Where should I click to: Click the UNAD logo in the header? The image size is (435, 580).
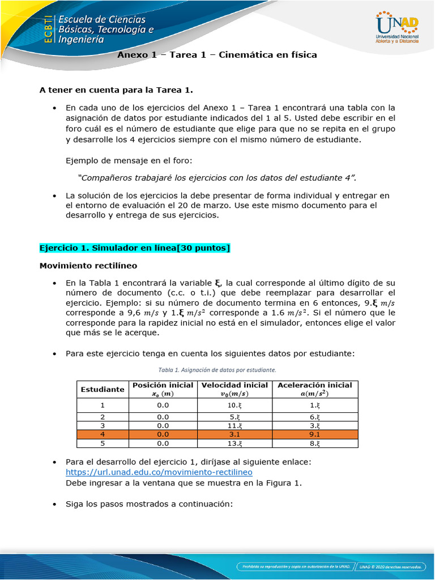click(x=396, y=27)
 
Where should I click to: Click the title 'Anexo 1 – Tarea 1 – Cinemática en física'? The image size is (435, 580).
click(x=217, y=55)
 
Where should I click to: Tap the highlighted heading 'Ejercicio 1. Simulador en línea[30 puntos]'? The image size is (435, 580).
click(x=135, y=248)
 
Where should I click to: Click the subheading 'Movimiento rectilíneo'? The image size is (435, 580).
click(x=88, y=265)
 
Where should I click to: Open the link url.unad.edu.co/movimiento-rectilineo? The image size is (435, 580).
click(x=159, y=472)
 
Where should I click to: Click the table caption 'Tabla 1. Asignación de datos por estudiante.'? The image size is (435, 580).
click(x=217, y=370)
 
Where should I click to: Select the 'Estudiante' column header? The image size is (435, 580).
click(x=103, y=390)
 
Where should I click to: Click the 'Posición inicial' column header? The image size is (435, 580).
click(x=163, y=389)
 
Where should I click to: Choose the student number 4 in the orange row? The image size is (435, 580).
click(x=103, y=434)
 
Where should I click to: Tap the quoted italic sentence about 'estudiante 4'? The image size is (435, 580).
click(x=217, y=178)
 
